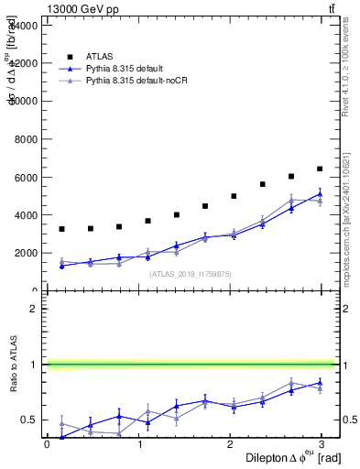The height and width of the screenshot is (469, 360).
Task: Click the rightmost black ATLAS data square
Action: (x=320, y=169)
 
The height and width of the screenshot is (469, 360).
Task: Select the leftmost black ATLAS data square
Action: (x=61, y=229)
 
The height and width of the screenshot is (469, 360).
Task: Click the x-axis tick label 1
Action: (x=139, y=445)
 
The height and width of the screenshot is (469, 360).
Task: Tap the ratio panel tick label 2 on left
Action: (x=33, y=309)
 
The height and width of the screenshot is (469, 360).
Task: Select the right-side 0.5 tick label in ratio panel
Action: (x=351, y=420)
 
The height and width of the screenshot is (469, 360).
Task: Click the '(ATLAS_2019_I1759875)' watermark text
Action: (x=190, y=273)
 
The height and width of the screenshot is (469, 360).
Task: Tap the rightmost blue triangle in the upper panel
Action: (x=320, y=194)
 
